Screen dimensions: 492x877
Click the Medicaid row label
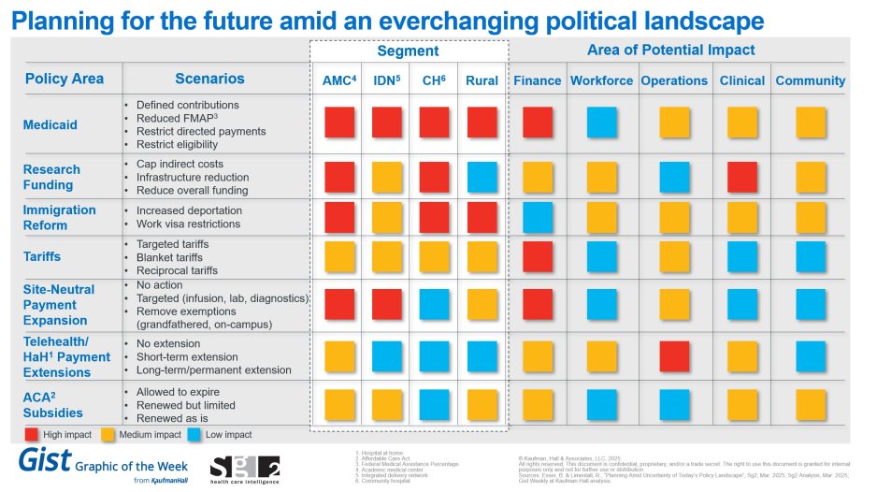pos(50,124)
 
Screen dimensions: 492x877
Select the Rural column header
pos(482,80)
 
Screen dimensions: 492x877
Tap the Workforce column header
pos(601,80)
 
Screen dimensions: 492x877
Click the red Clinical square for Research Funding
pos(742,177)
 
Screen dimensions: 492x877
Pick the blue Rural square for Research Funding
pos(482,177)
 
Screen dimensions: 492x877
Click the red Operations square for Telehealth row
pos(674,356)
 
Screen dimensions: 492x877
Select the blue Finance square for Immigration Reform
pos(537,217)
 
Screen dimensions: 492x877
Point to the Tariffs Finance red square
pos(537,256)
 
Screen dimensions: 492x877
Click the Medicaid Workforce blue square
pos(601,123)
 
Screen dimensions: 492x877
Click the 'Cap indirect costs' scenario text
pos(180,164)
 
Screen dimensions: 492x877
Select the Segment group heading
pos(408,51)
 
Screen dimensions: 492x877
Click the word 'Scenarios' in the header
pos(209,79)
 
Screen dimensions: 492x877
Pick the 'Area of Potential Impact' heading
pos(670,50)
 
